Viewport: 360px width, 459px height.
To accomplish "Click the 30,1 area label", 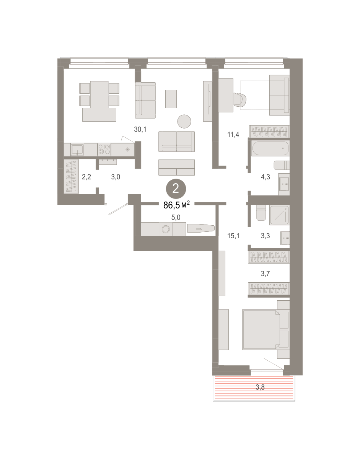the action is (140, 129).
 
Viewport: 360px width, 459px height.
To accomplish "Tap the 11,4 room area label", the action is (233, 134).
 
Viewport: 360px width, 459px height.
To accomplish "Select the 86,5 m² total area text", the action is (176, 205).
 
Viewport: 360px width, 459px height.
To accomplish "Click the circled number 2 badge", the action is (176, 189).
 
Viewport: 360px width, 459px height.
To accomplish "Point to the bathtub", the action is (270, 148).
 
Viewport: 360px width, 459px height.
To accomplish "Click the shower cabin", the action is (279, 215).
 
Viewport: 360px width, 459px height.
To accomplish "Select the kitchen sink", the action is (77, 150).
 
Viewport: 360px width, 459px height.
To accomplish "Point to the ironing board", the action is (200, 228).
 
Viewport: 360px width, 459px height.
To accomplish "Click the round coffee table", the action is (184, 121).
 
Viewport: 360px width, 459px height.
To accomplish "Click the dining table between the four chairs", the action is (99, 94).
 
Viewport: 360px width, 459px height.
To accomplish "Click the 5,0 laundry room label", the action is (176, 217).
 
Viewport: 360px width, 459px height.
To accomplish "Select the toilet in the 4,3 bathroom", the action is (282, 165).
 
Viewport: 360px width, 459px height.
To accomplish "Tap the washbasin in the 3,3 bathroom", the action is (285, 238).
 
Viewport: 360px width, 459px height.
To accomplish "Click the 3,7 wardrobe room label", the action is (266, 274).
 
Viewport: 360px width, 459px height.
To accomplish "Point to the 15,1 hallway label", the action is (233, 236).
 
